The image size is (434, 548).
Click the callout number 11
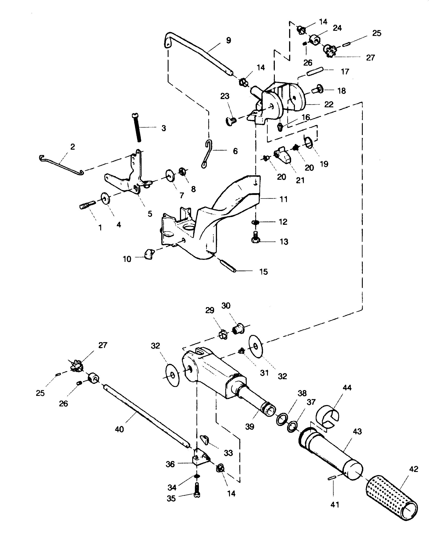click(x=284, y=199)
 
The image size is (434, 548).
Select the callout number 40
click(x=119, y=429)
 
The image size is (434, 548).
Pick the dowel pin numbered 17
click(x=315, y=71)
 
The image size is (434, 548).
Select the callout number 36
click(x=170, y=464)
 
